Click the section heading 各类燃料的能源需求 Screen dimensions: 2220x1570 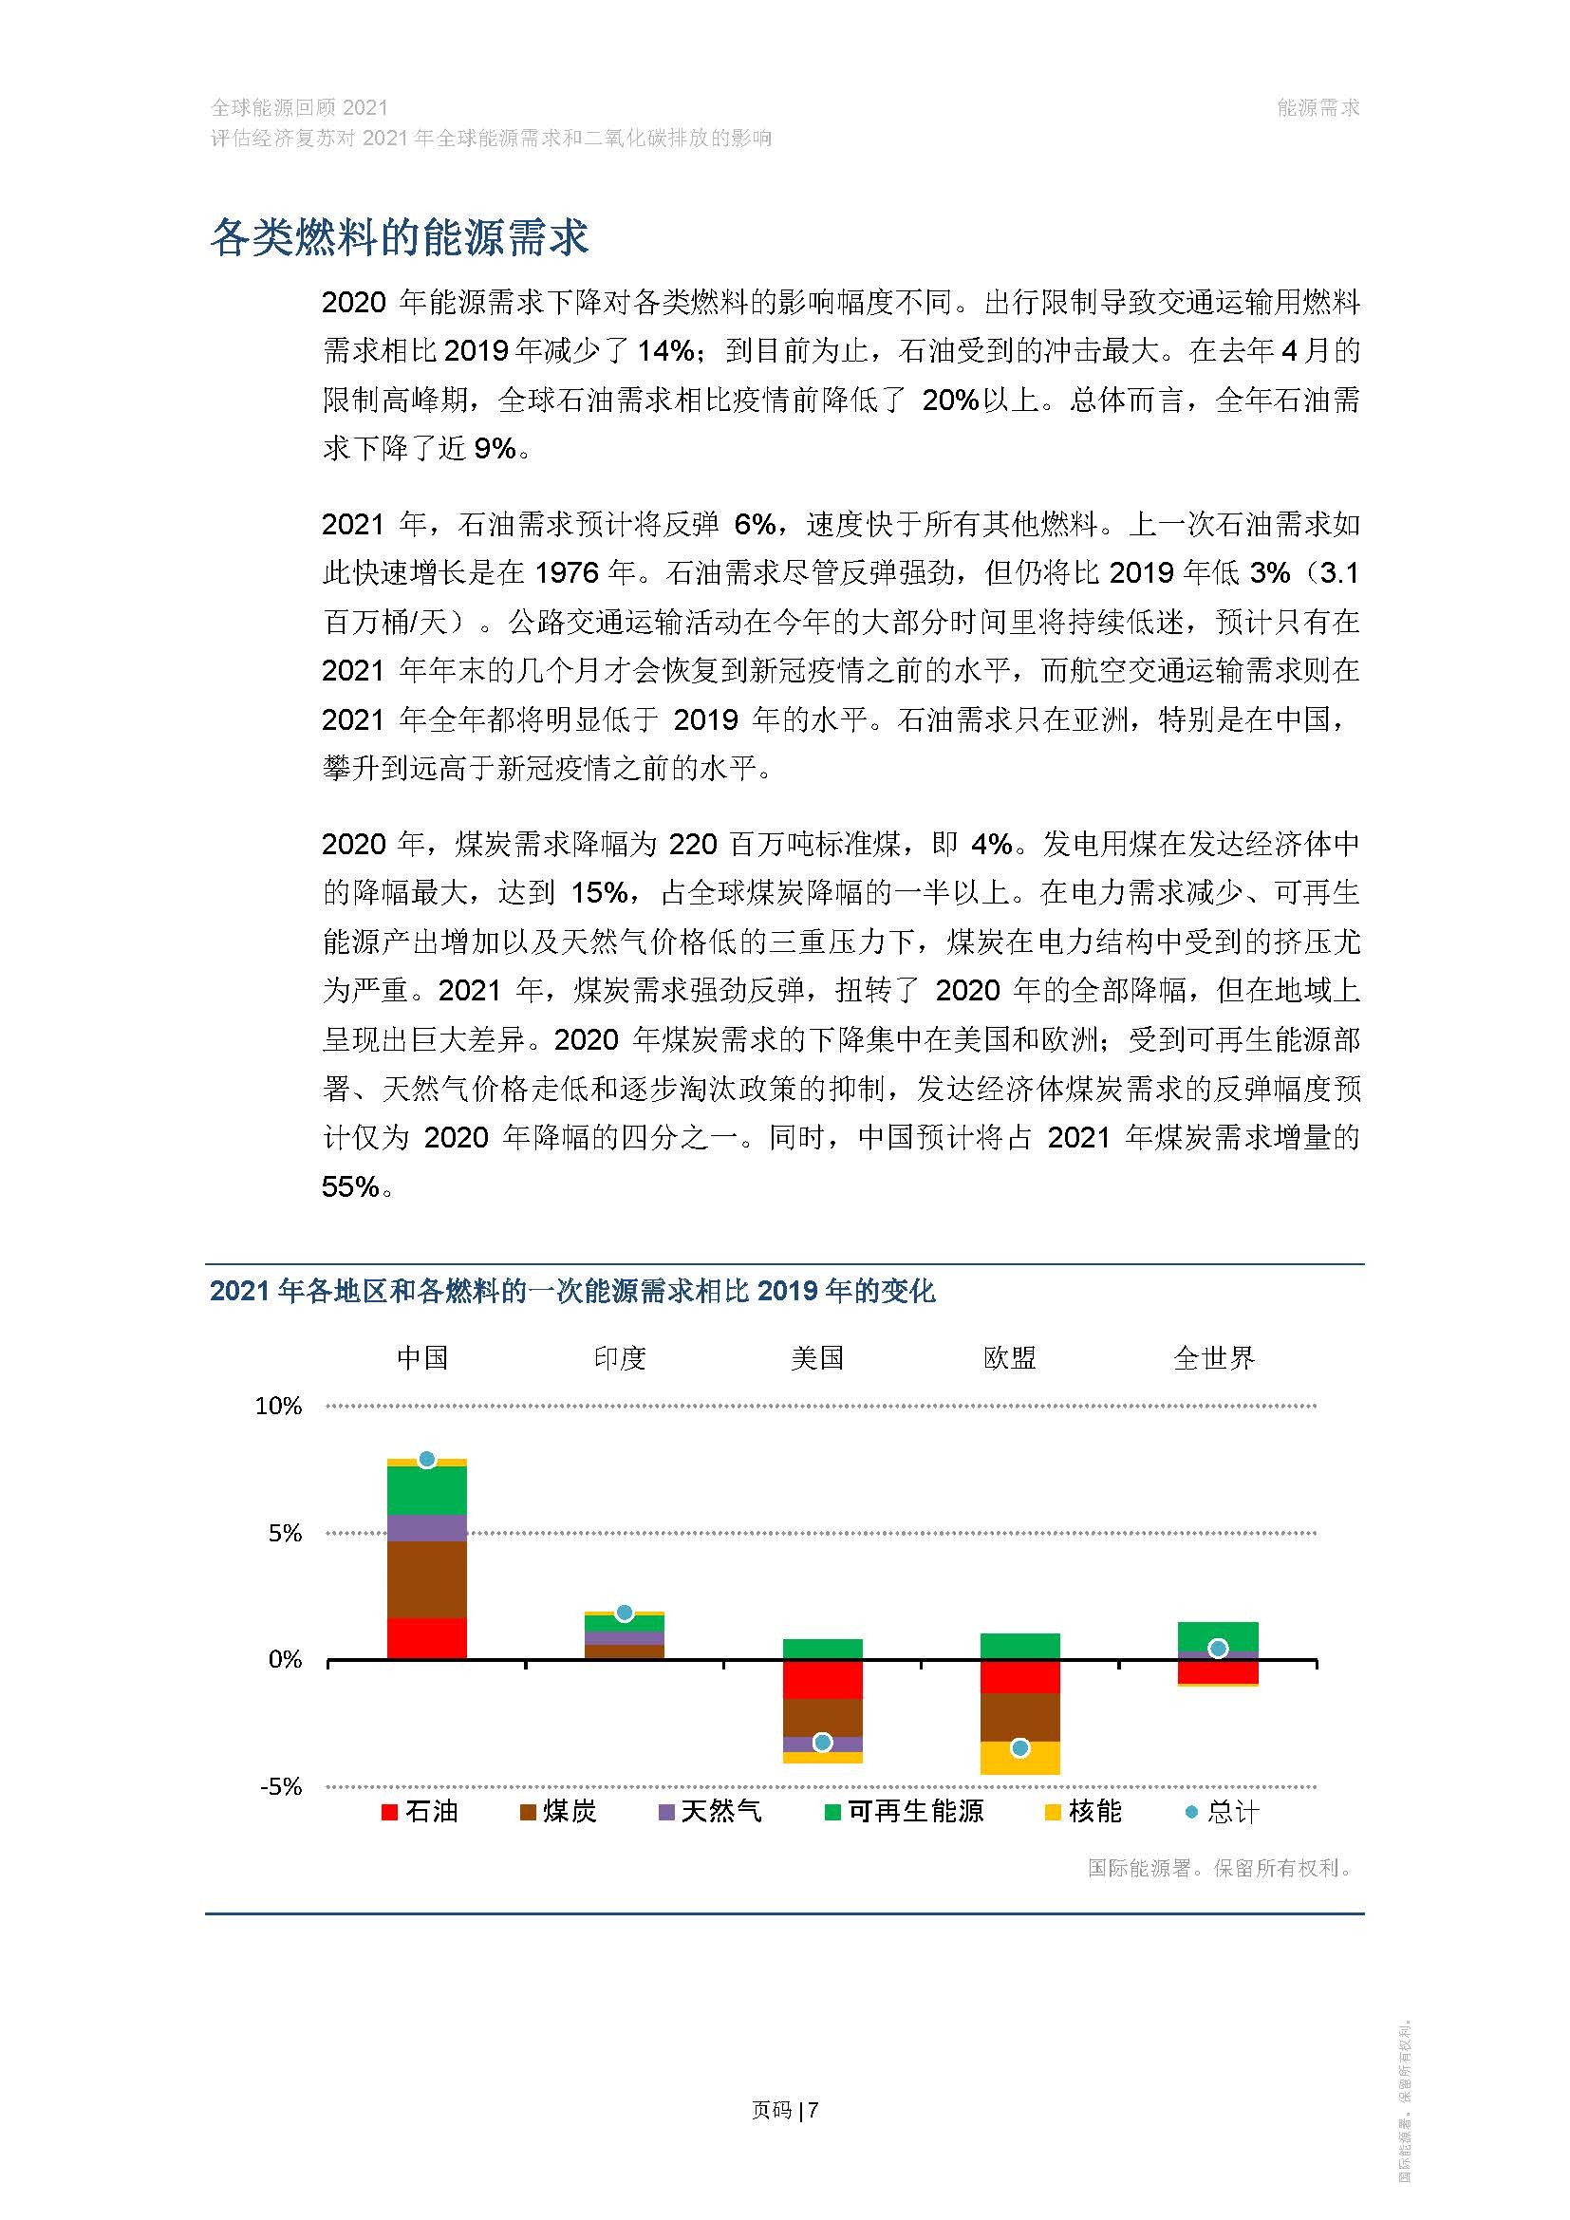tap(399, 238)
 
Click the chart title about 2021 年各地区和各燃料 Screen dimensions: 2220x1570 tap(572, 1291)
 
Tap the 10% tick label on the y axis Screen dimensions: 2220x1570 tap(278, 1407)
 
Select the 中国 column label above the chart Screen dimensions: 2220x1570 tap(422, 1358)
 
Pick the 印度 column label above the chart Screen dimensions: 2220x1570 tap(620, 1358)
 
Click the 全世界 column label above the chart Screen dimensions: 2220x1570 tap(1214, 1358)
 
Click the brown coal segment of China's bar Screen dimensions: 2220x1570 tap(426, 1580)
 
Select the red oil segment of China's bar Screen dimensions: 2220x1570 tap(426, 1639)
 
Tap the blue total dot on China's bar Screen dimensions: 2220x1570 tap(426, 1460)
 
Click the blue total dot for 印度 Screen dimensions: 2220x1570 tap(625, 1613)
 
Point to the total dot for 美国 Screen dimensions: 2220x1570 tap(823, 1743)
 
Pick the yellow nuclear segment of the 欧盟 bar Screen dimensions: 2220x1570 tap(1019, 1759)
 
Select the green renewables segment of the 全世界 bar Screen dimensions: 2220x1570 tap(1218, 1635)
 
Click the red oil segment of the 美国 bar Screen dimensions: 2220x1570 tap(823, 1681)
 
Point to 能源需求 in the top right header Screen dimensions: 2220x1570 tap(1318, 108)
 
